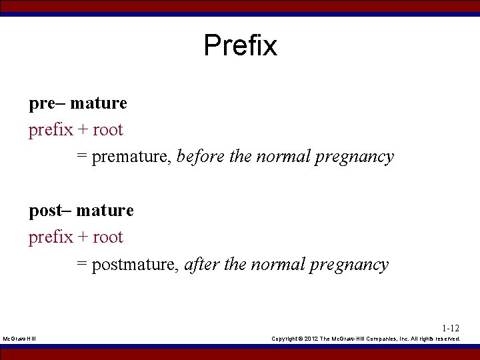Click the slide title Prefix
240,45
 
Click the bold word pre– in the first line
46,103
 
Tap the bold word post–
49,211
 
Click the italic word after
202,265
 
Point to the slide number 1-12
451,328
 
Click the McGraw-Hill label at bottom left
19,339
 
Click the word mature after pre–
98,103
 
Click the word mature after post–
105,211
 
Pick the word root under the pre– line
108,130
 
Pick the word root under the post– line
108,237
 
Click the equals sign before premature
81,157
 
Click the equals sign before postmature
81,265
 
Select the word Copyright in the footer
285,339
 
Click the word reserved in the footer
447,339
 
